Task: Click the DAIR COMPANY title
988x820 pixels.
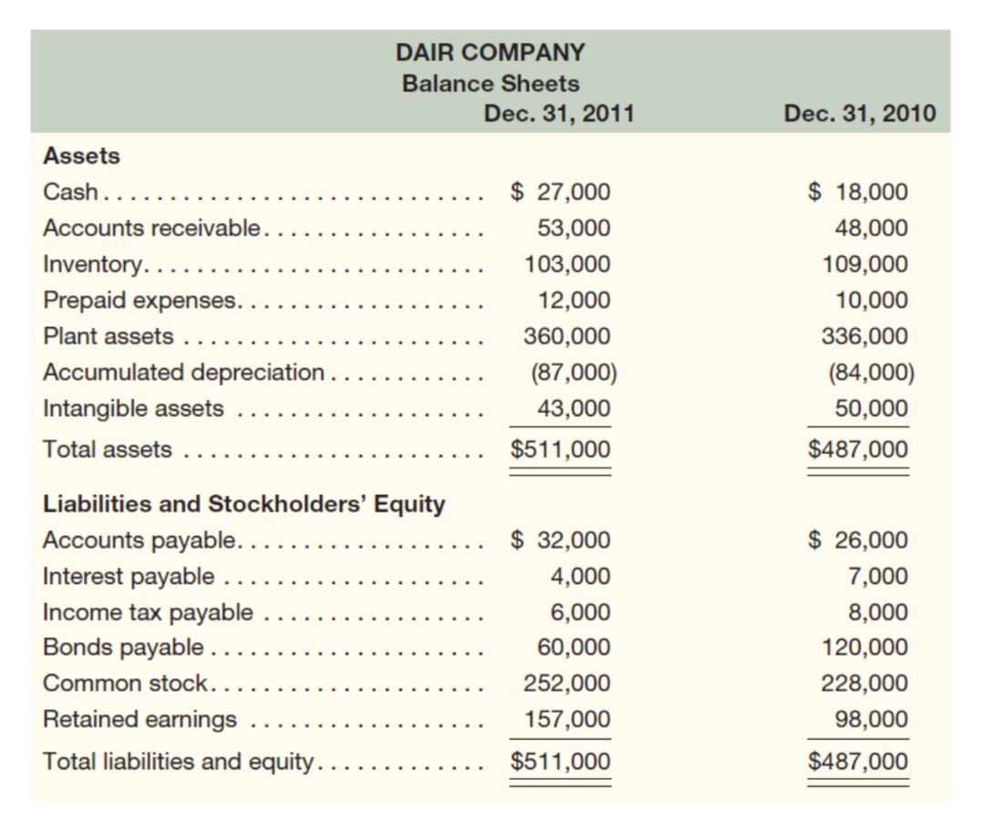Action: click(490, 52)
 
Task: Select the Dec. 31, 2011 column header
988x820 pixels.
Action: click(559, 114)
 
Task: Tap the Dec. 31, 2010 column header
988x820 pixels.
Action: click(859, 114)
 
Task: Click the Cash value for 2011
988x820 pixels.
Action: click(560, 192)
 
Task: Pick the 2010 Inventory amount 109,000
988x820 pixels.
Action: click(865, 264)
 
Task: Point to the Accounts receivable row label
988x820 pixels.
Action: click(152, 228)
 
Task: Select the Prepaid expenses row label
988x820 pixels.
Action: click(141, 300)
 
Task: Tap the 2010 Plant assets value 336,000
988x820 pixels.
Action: click(865, 336)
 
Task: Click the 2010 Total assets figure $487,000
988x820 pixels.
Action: click(859, 450)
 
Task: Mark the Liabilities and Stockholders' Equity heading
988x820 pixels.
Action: click(244, 504)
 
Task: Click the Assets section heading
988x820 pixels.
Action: click(81, 156)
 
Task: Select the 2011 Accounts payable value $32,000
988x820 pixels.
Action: click(560, 540)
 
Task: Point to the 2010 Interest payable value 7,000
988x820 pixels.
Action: click(877, 576)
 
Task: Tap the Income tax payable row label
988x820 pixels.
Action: click(148, 612)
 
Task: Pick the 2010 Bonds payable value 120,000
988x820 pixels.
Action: click(865, 648)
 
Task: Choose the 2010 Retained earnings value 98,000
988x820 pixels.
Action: click(870, 720)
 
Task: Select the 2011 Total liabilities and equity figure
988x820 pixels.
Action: click(560, 761)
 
